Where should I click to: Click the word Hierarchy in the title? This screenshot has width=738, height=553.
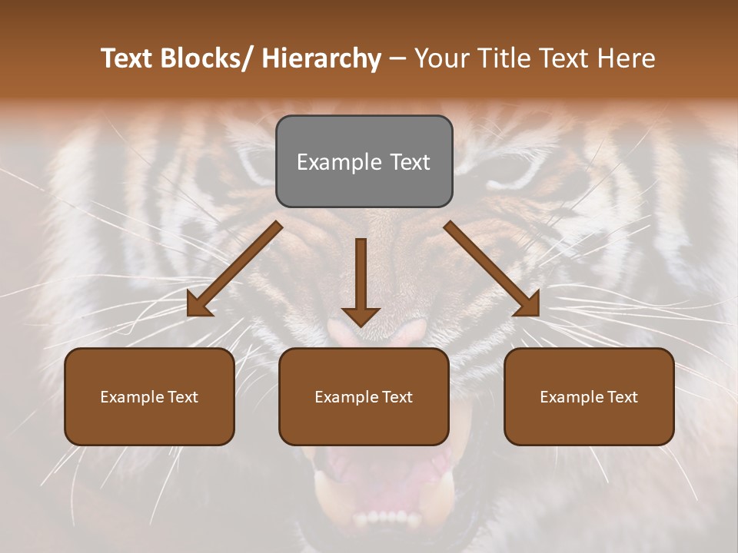pos(321,59)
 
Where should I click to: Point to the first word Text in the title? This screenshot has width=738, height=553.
pos(128,59)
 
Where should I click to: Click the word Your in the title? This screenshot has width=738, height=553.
pos(440,59)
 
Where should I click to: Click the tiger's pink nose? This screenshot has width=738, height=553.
pos(377,332)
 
